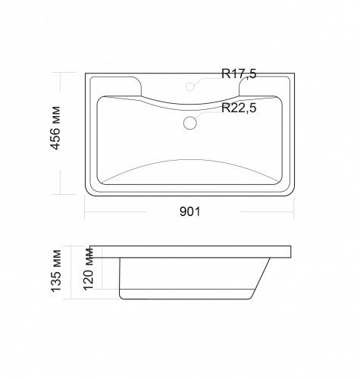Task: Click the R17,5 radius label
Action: tap(239, 74)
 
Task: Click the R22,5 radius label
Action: tap(239, 108)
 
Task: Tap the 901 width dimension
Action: tap(189, 211)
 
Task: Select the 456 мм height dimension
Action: tap(55, 128)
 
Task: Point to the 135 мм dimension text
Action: tap(56, 271)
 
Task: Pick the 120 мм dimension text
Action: tap(89, 269)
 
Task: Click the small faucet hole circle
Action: tap(190, 86)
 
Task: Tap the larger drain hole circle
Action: tap(190, 123)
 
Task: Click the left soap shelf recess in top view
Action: tap(116, 86)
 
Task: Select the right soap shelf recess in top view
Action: tap(265, 86)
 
